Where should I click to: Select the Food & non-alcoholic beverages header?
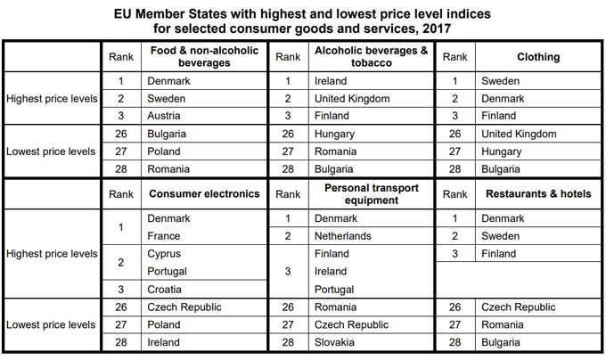[204, 57]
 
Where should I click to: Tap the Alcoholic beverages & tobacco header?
[370, 57]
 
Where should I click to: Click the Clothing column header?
[537, 57]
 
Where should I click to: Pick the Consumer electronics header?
[204, 193]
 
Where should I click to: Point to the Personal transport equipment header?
[370, 193]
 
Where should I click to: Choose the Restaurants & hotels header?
[538, 193]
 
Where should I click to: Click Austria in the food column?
[165, 116]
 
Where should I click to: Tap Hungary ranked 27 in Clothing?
[500, 151]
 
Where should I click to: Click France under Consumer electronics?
[164, 236]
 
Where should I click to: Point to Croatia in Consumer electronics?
[165, 290]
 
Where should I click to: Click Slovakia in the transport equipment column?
[337, 342]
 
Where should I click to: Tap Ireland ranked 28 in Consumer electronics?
[164, 342]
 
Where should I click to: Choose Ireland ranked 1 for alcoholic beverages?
[331, 80]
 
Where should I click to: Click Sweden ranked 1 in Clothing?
[500, 80]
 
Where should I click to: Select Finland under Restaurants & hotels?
[498, 254]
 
